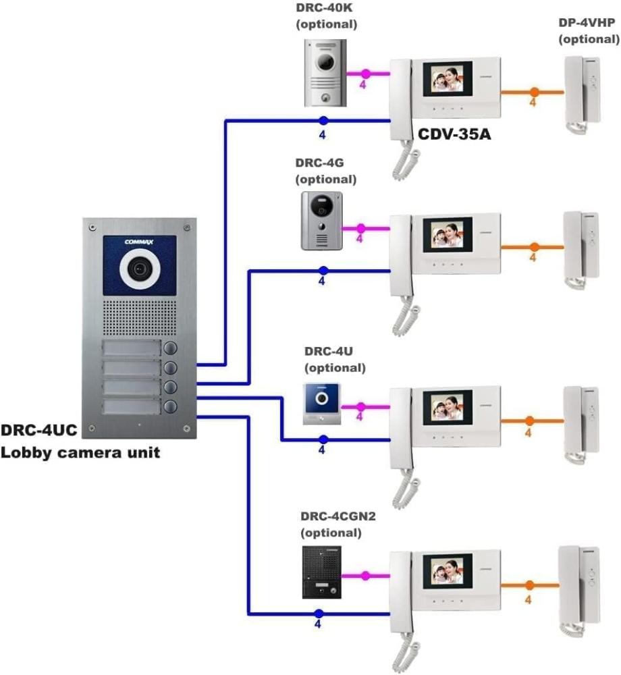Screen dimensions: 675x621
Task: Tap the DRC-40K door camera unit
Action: coord(325,72)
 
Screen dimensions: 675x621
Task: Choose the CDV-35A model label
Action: coord(454,134)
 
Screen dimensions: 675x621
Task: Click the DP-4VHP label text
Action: coord(587,22)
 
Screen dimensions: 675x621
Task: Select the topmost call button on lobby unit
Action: coord(170,348)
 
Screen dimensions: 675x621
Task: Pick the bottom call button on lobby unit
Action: coord(170,406)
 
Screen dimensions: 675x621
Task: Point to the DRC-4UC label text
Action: coord(38,431)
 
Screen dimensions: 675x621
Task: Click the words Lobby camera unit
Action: coord(80,452)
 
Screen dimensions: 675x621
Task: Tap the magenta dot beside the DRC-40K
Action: coord(366,73)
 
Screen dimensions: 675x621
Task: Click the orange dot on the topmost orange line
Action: coord(533,91)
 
